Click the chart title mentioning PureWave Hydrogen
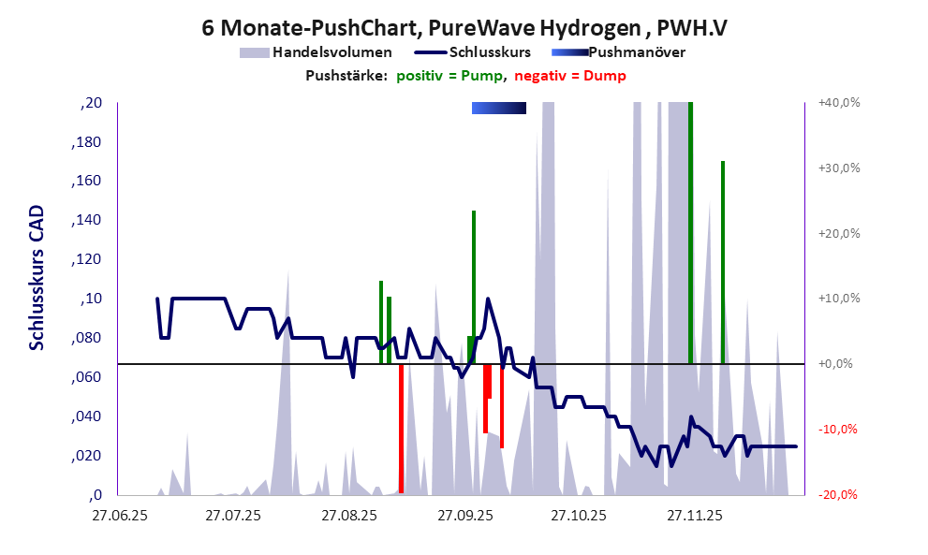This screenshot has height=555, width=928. tap(464, 27)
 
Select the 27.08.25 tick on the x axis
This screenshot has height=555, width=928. tap(348, 515)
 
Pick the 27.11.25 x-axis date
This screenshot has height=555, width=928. tap(694, 515)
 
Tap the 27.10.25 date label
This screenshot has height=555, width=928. tap(579, 515)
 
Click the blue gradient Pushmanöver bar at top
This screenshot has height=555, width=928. tap(498, 108)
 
